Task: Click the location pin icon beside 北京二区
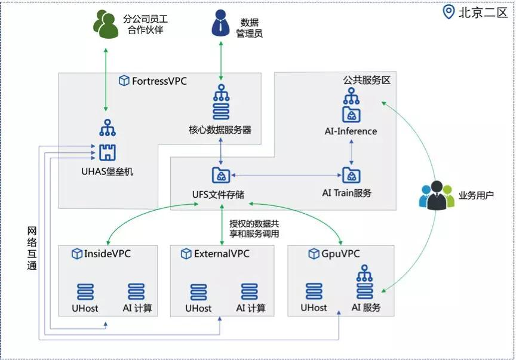tap(449, 12)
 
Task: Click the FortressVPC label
tap(159, 81)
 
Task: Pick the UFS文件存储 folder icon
tap(222, 175)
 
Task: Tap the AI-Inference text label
tap(351, 131)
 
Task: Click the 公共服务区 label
tap(367, 80)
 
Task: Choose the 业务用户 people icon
tap(436, 195)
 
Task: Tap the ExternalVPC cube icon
tap(185, 254)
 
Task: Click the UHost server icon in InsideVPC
tap(85, 291)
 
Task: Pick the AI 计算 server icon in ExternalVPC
tap(250, 291)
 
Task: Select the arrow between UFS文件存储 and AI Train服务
tap(285, 175)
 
